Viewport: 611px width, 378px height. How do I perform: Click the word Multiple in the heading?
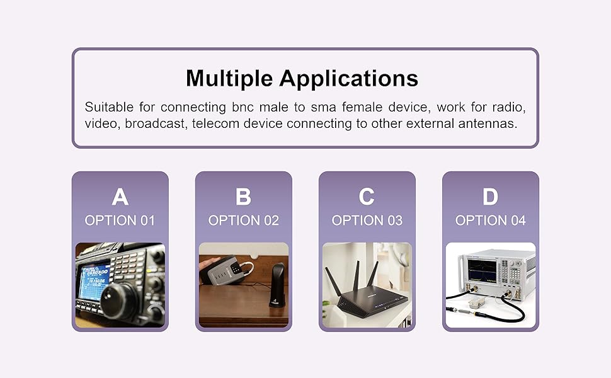pyautogui.click(x=229, y=78)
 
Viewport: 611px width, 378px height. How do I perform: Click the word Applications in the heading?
pyautogui.click(x=348, y=78)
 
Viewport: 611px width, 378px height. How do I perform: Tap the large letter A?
pyautogui.click(x=120, y=197)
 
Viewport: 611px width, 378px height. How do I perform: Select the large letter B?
pyautogui.click(x=244, y=197)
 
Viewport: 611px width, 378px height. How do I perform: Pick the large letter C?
pyautogui.click(x=367, y=197)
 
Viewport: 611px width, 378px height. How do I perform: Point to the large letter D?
pyautogui.click(x=490, y=197)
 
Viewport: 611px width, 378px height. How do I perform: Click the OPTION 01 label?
pyautogui.click(x=120, y=220)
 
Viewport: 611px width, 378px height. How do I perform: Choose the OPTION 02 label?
pyautogui.click(x=244, y=220)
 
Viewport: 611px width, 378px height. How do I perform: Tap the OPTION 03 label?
pyautogui.click(x=367, y=220)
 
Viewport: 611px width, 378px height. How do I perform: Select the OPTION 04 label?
pyautogui.click(x=491, y=220)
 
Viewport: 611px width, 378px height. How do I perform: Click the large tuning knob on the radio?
pyautogui.click(x=119, y=302)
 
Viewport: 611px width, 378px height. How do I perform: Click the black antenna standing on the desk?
pyautogui.click(x=277, y=285)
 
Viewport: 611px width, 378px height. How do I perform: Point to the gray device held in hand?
pyautogui.click(x=229, y=271)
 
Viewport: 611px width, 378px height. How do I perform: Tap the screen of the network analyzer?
pyautogui.click(x=482, y=270)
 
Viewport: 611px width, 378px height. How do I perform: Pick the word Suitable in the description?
pyautogui.click(x=109, y=106)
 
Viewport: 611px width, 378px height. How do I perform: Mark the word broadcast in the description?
pyautogui.click(x=155, y=124)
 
